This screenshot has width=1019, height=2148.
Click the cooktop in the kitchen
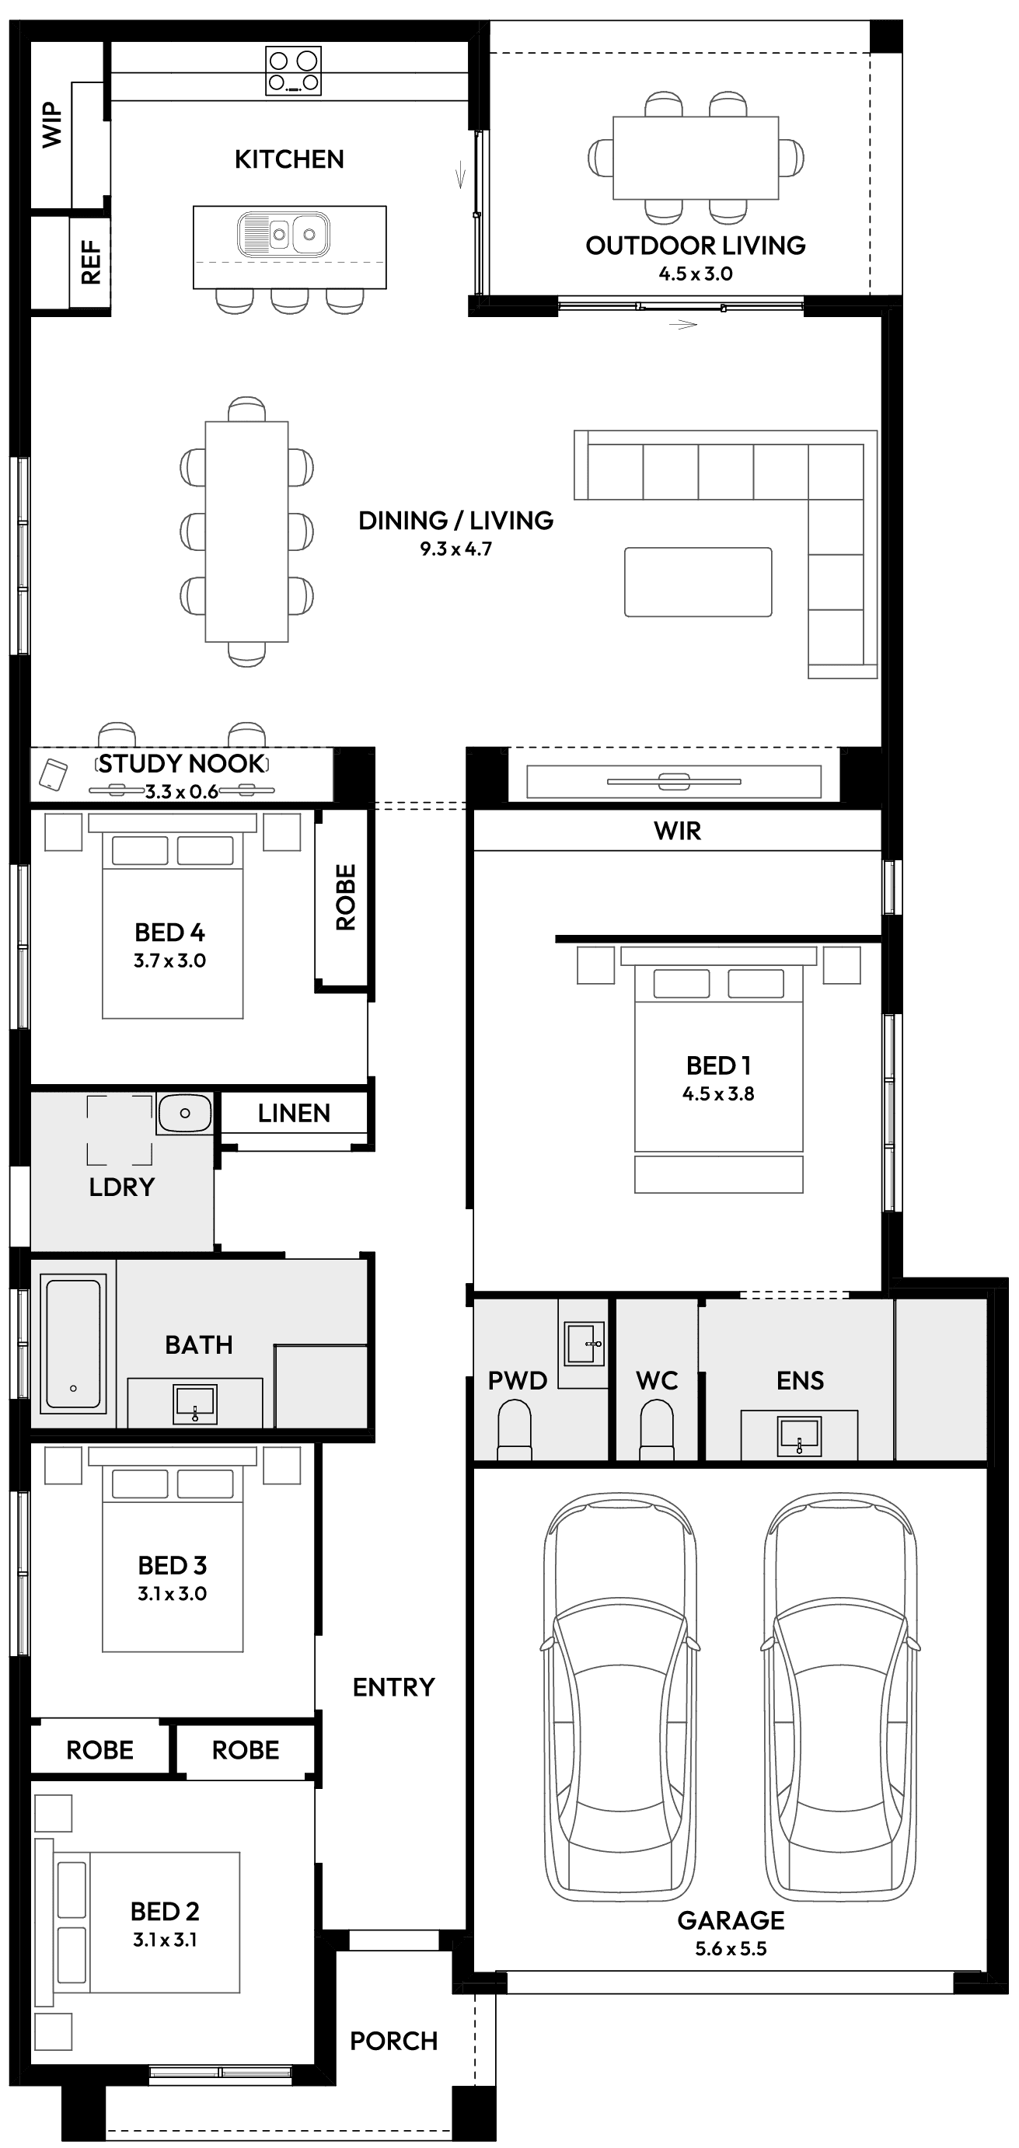point(293,71)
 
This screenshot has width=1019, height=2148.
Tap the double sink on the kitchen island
point(284,235)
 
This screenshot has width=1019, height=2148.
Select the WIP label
point(52,125)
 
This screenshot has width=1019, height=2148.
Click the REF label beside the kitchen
point(90,263)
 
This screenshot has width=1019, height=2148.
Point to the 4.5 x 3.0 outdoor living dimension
point(696,274)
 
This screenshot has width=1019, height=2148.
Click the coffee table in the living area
point(698,581)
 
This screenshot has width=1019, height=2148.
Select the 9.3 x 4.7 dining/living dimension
point(455,549)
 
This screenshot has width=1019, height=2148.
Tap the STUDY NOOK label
point(182,764)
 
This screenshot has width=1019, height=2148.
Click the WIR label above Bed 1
point(677,831)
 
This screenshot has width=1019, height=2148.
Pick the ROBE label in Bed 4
point(344,898)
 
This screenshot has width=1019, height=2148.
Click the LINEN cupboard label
point(294,1113)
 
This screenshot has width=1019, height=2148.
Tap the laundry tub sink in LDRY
point(184,1113)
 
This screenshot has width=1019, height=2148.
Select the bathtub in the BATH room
point(73,1344)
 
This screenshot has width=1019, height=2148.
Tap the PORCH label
point(393,2041)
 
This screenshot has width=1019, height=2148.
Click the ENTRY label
point(393,1687)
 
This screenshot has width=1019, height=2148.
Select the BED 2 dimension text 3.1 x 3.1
point(164,1940)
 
